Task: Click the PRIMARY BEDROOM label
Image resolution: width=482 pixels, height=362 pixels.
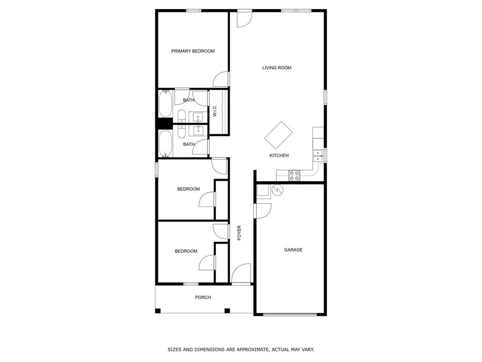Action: point(193,51)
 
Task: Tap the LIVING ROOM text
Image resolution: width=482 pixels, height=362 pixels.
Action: point(276,68)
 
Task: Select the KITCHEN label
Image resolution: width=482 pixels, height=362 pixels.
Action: point(279,156)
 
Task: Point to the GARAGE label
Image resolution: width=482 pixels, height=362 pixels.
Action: point(293,249)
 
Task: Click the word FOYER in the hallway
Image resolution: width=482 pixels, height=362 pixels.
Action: point(239,233)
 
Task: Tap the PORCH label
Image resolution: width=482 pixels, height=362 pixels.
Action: point(203,297)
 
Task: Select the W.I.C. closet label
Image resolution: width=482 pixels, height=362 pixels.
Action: point(214,111)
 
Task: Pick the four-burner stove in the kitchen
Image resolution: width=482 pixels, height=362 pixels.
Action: point(294,175)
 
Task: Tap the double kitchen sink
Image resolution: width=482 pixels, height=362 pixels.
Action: point(318,156)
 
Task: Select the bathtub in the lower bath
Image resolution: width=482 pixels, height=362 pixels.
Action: point(165,144)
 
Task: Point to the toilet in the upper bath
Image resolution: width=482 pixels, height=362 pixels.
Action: point(181,117)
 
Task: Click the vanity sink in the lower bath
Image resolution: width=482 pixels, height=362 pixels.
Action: point(198,129)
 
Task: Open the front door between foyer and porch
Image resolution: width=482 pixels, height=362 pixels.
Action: point(241,274)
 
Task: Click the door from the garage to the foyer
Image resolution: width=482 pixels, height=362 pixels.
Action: point(262,211)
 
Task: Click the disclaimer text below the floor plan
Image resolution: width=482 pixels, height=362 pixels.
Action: point(240,349)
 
